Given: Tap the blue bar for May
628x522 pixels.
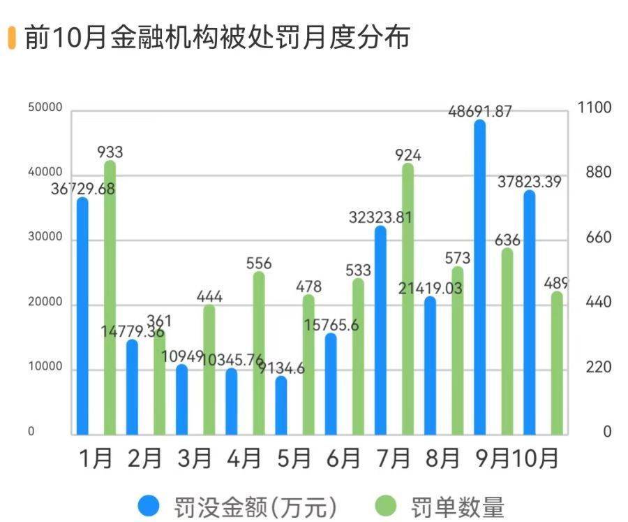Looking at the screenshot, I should click(281, 405).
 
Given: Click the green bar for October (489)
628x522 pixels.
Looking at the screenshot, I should click(556, 363).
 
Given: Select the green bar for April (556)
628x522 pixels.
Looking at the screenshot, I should click(259, 353).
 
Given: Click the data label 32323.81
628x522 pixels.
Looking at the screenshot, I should click(380, 217).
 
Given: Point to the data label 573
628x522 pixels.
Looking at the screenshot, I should click(457, 259).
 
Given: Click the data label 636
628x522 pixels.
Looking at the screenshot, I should click(507, 240).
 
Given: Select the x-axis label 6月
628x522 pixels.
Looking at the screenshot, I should click(342, 458).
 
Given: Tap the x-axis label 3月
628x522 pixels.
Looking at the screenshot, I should click(194, 458).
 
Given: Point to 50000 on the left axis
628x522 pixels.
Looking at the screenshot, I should click(45, 108).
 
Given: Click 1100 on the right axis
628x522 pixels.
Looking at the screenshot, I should click(595, 108).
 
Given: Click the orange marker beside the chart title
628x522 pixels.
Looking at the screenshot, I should click(11, 38).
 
